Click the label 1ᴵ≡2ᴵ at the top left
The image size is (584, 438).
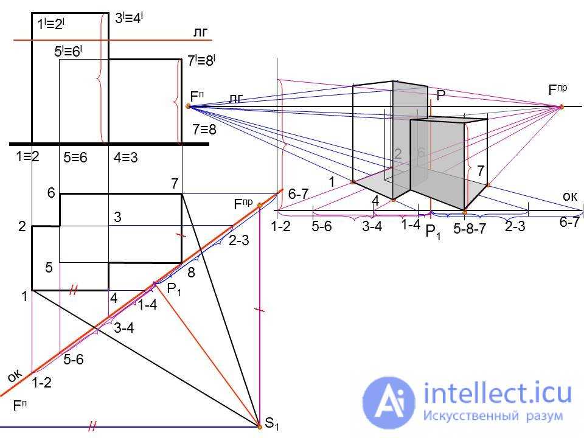pos(51,24)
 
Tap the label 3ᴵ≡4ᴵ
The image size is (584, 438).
pos(129,18)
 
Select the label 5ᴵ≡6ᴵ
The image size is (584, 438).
pos(68,52)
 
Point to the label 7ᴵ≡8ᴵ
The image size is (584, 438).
pos(201,61)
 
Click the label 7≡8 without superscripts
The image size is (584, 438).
pos(204,130)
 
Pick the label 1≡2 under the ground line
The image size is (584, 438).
pos(27,156)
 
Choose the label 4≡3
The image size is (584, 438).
pos(126,157)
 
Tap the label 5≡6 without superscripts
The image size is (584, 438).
pos(75,158)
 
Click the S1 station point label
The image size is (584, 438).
pos(272,424)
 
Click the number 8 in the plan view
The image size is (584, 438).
pos(191,273)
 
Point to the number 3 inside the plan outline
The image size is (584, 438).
pos(118,217)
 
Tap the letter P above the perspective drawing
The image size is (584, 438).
pos(440,95)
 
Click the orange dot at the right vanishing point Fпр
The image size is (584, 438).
pos(561,107)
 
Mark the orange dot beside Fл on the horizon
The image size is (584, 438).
pos(189,106)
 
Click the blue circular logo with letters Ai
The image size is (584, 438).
pos(389,402)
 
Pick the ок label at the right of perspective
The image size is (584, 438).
pos(569,195)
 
